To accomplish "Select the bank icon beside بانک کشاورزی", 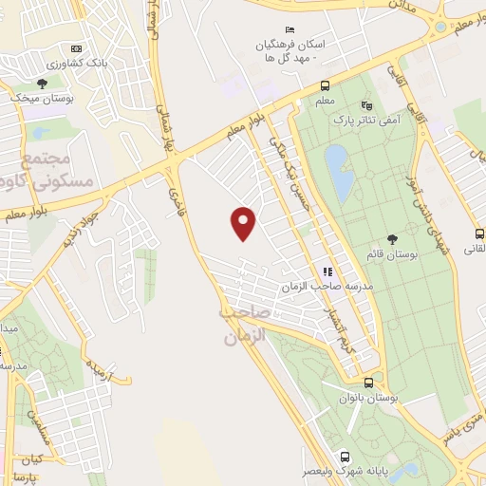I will [x=77, y=49].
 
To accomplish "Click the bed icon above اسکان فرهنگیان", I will [x=290, y=30].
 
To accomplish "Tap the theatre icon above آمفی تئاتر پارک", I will [x=366, y=105].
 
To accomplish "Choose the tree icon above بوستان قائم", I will [x=393, y=238].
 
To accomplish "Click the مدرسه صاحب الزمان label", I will [x=327, y=286].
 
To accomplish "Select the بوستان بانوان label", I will [x=368, y=399].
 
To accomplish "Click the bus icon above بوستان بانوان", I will [x=368, y=383].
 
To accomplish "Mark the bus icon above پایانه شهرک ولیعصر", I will [x=344, y=455].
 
